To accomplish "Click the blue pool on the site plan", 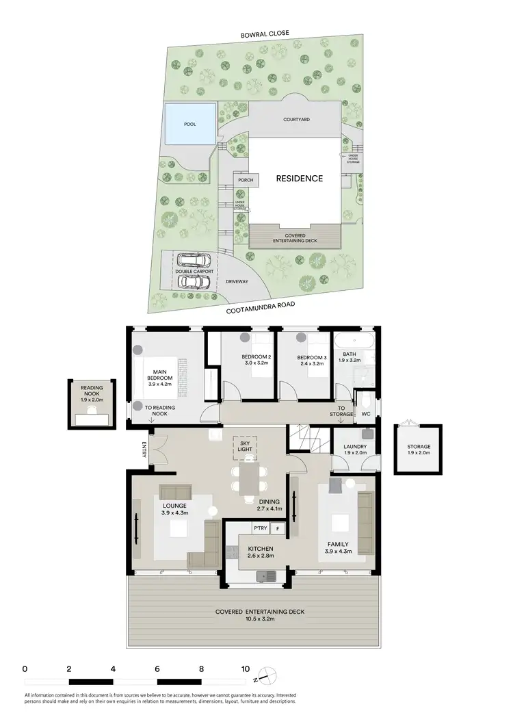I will point(189,124).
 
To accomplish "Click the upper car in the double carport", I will point(194,260).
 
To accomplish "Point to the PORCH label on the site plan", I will point(246,181).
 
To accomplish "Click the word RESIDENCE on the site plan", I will point(299,179).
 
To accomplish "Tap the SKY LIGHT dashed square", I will point(246,445).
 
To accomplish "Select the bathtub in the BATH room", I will point(352,341).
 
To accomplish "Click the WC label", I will point(365,413).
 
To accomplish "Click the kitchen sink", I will point(266,577).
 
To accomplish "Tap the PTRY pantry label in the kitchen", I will point(259,528).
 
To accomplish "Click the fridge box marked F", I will point(278,528).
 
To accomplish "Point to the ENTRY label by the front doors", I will point(144,450).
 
